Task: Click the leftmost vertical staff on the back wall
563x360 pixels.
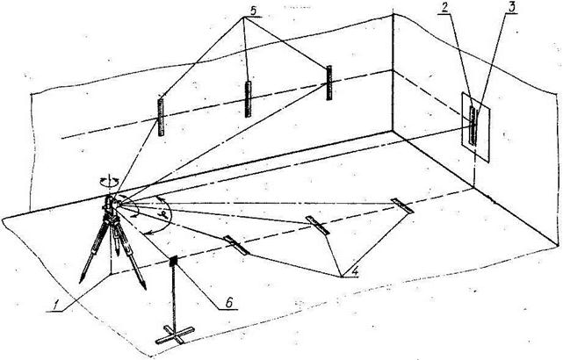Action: coord(162,114)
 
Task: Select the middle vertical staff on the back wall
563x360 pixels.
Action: coord(249,98)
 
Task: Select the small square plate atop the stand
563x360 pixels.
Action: coord(173,261)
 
